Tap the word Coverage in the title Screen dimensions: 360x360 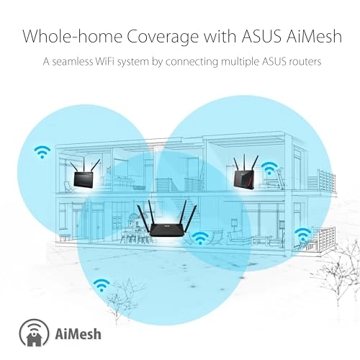[162, 37]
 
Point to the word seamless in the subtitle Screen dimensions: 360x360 [73, 61]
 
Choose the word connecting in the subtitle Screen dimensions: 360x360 [192, 63]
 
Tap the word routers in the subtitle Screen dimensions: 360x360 [305, 62]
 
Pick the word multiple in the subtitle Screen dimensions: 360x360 [240, 63]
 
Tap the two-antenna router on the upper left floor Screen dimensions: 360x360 [85, 173]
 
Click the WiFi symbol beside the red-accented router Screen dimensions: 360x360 [269, 168]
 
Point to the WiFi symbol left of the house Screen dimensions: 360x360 [42, 152]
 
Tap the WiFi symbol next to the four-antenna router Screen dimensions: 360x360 [201, 238]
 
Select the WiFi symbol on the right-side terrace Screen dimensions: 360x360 [303, 235]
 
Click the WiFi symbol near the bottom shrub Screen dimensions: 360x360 [102, 285]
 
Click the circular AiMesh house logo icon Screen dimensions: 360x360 [34, 333]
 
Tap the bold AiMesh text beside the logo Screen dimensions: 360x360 [78, 333]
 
